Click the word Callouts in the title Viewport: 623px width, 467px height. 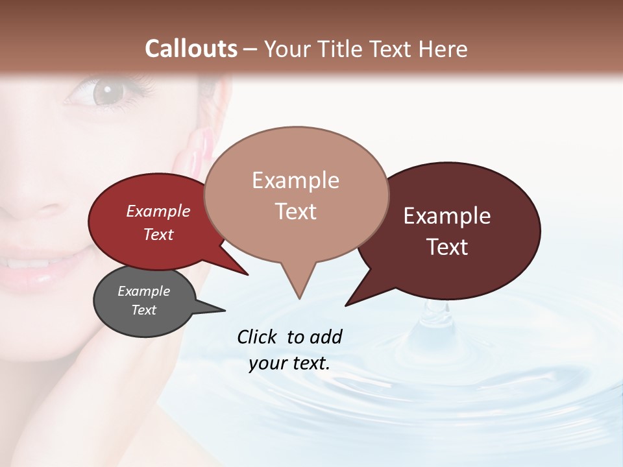pyautogui.click(x=191, y=49)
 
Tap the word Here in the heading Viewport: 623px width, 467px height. pyautogui.click(x=444, y=49)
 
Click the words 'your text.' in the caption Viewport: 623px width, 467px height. pyautogui.click(x=289, y=363)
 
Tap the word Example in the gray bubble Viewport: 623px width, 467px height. pyautogui.click(x=143, y=292)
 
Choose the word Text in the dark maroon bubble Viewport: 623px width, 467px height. pyautogui.click(x=447, y=247)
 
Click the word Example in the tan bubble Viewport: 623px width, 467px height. pyautogui.click(x=295, y=180)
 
